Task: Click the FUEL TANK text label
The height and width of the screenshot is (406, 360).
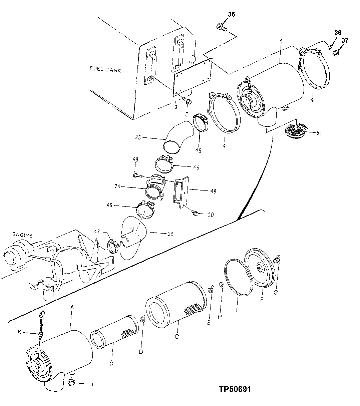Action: pos(105,70)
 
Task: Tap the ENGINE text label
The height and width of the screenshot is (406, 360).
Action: pos(22,235)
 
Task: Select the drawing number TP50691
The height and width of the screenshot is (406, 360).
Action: pos(235,389)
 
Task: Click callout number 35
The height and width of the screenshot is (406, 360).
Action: pos(232,14)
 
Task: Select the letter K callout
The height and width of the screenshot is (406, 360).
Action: pos(20,332)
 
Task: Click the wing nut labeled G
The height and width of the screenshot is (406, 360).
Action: pos(276,260)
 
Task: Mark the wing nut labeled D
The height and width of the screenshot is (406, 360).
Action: pos(142,319)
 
